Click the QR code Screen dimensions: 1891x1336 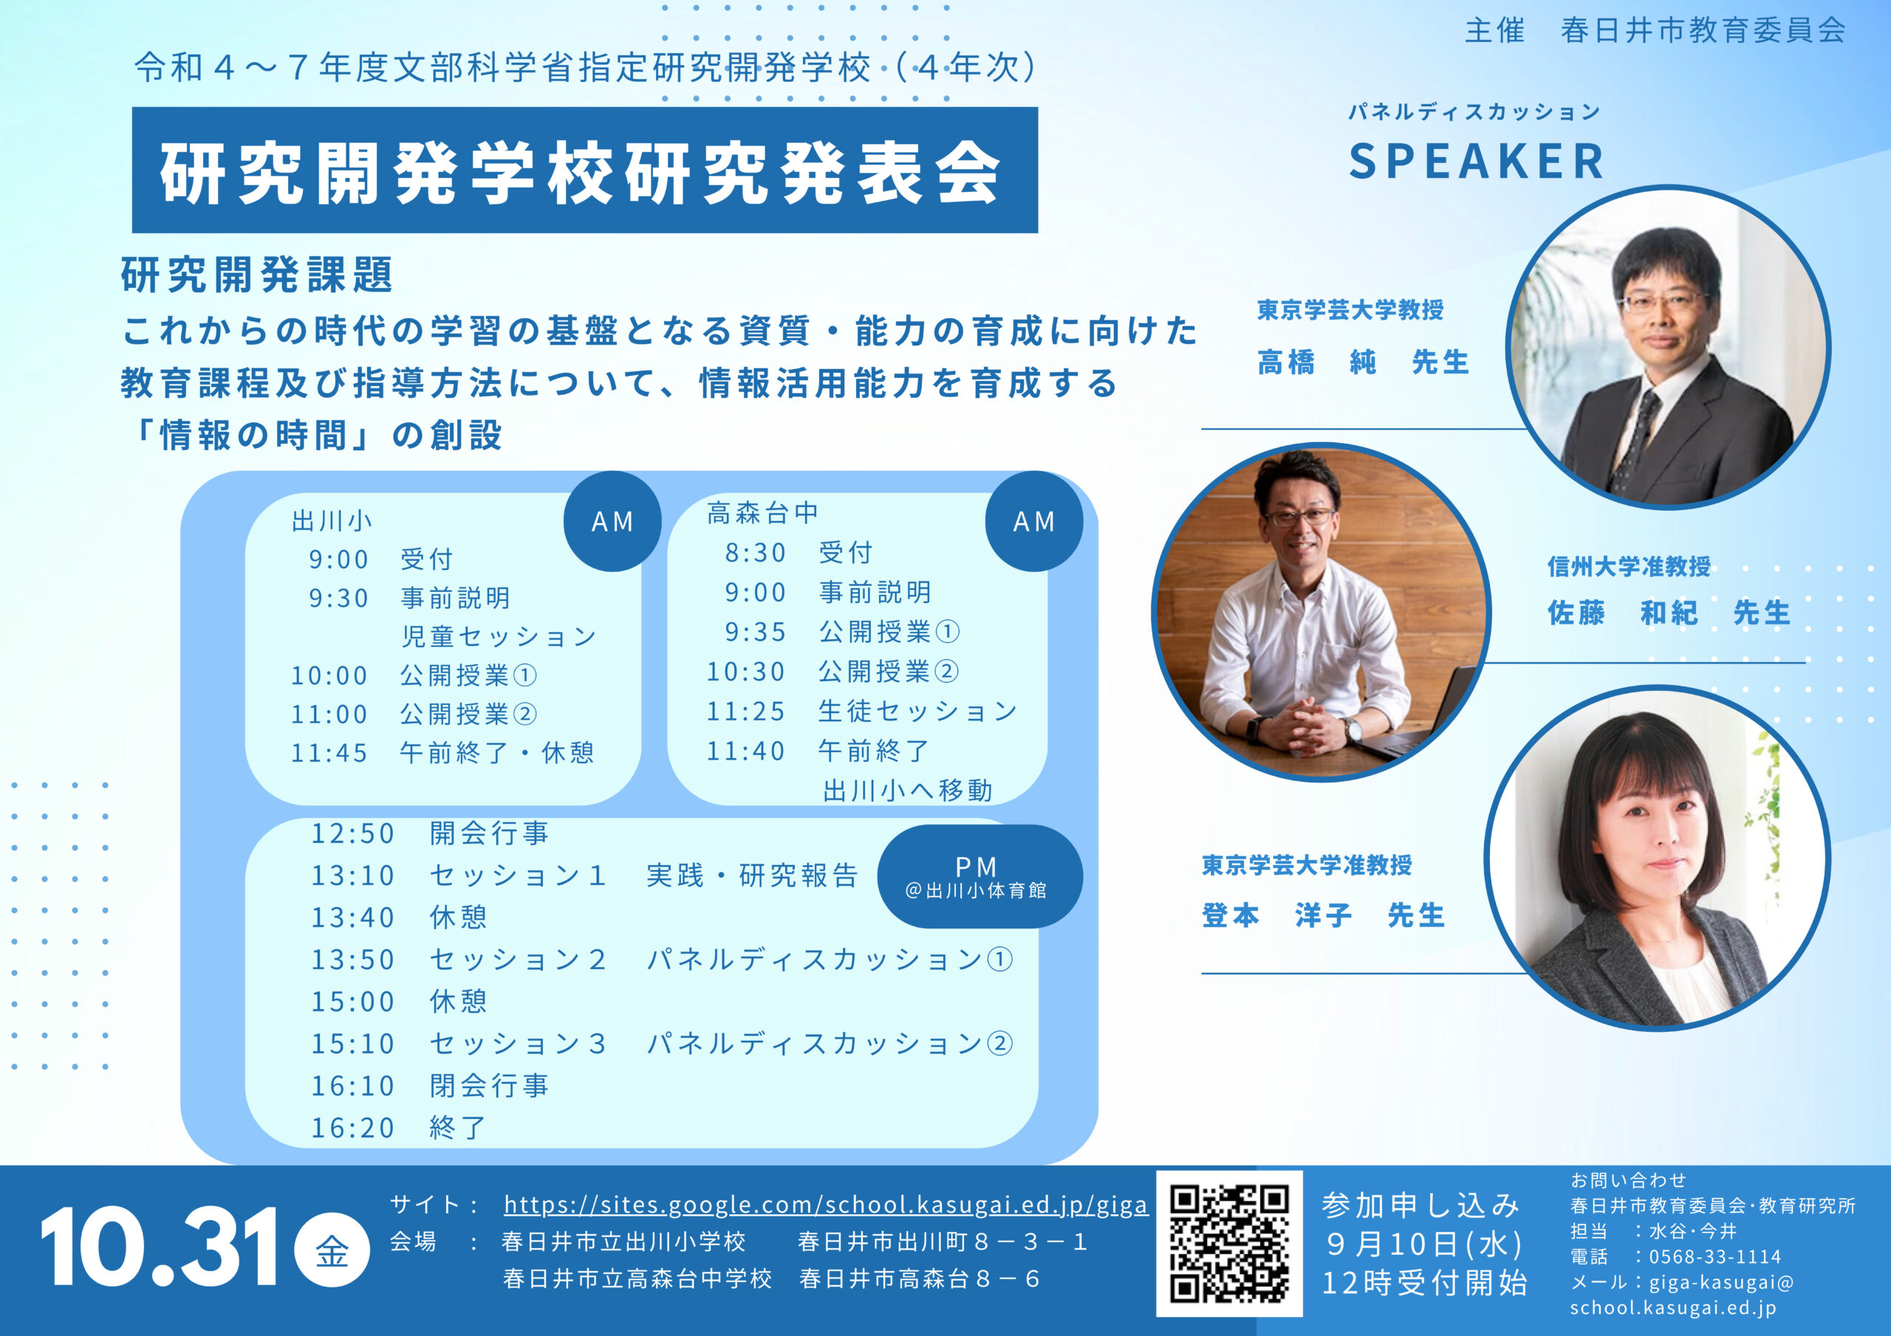pos(1229,1244)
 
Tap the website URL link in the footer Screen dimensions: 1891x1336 pos(825,1205)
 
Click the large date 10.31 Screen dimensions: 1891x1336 pos(160,1248)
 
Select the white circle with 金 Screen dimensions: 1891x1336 pos(332,1250)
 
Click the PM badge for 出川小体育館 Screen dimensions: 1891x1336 pos(979,877)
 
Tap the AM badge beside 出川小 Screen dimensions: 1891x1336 pos(612,521)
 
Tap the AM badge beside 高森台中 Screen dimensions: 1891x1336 pos(1033,521)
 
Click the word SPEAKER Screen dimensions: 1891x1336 pos(1477,162)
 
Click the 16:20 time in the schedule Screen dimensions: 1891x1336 pos(352,1128)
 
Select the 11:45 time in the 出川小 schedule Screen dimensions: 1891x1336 pos(329,752)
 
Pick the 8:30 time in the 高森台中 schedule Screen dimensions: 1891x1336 pos(755,552)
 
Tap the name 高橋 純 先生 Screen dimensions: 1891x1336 pos(1363,362)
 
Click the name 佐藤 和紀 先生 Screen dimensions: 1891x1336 pos(1669,613)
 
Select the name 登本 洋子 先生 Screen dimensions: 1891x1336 pos(1324,915)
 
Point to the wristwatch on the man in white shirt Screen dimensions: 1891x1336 pos(1353,728)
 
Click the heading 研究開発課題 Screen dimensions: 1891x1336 pos(257,275)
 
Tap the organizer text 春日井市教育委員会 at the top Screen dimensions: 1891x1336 pos(1703,30)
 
